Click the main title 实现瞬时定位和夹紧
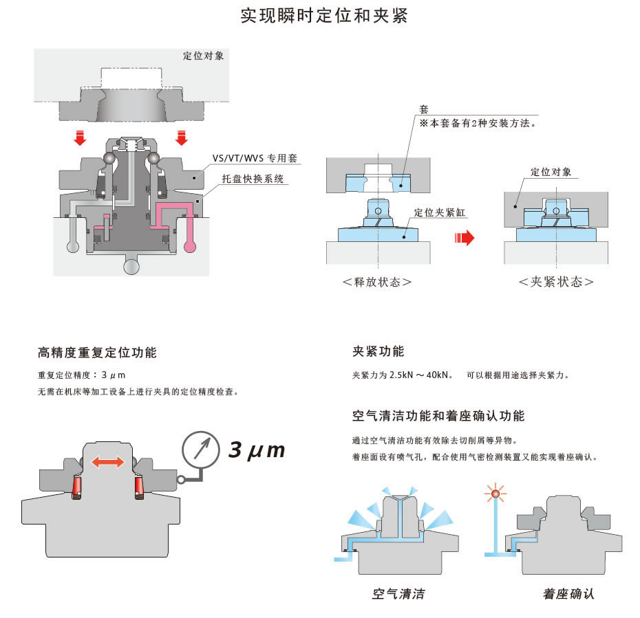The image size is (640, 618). click(324, 16)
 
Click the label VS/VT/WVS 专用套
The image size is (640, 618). click(254, 158)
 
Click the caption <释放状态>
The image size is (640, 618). click(377, 282)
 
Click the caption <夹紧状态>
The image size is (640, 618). click(556, 282)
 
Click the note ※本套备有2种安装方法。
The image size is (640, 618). click(478, 124)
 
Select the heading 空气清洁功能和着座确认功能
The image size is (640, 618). click(438, 416)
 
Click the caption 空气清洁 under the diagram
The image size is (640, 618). click(398, 593)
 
